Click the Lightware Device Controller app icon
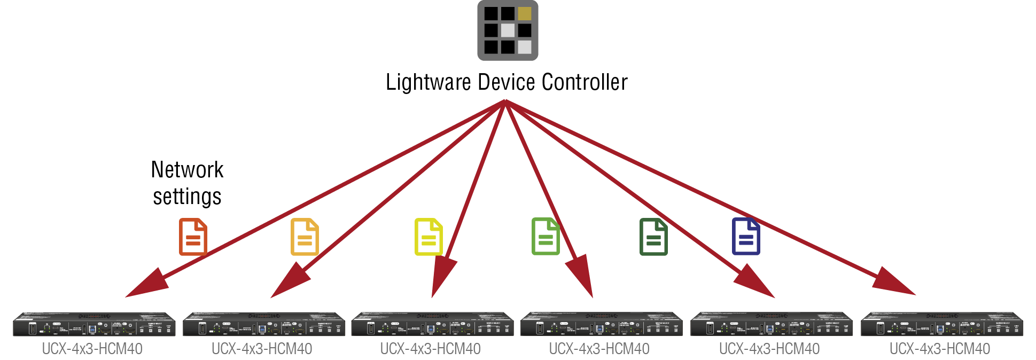(x=508, y=30)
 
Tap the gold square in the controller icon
(x=525, y=13)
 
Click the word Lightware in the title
(x=428, y=83)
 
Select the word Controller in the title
(x=584, y=83)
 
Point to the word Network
(x=187, y=170)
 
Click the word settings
(x=187, y=197)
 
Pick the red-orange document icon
(x=193, y=237)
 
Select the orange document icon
(x=305, y=237)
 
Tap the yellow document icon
(x=429, y=237)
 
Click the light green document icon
(x=546, y=237)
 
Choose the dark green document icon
(x=653, y=237)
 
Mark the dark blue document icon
(x=746, y=237)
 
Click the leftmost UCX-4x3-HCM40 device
(x=94, y=324)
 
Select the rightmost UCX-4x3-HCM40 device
(x=942, y=324)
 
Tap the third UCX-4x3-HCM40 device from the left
(x=432, y=324)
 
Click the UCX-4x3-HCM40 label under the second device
(x=262, y=349)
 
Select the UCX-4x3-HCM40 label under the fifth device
(x=769, y=349)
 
